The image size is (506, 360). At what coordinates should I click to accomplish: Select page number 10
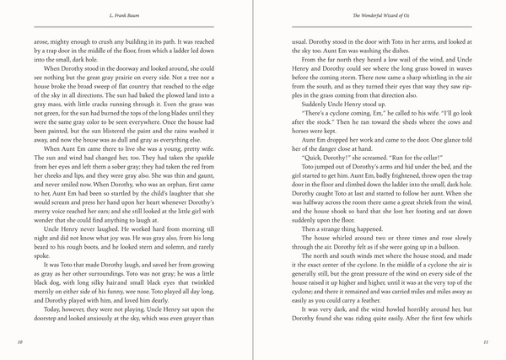click(x=19, y=342)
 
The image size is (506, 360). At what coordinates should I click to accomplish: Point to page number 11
click(x=487, y=342)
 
